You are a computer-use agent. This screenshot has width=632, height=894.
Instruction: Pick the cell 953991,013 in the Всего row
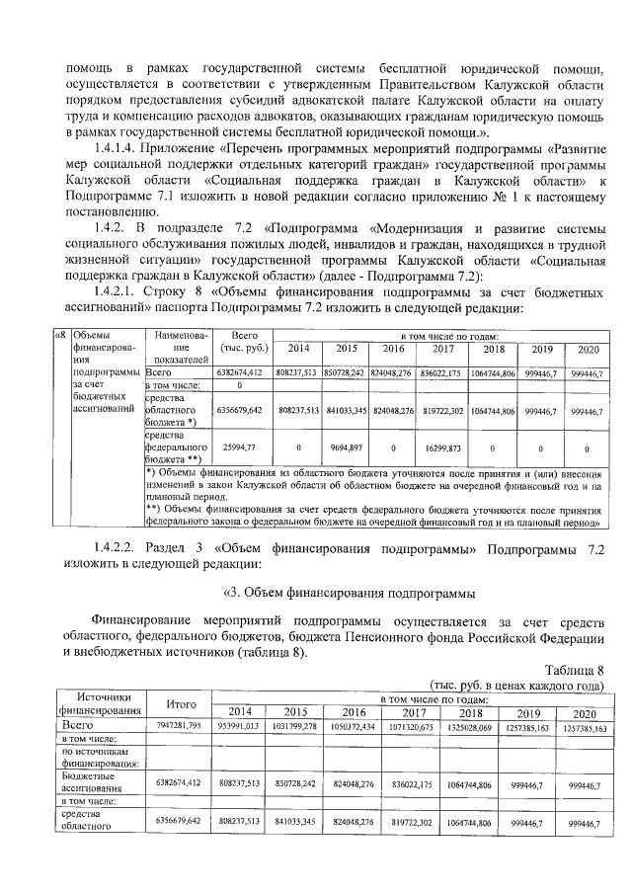coord(238,726)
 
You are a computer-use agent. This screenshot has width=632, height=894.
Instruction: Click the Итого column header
coord(180,703)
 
